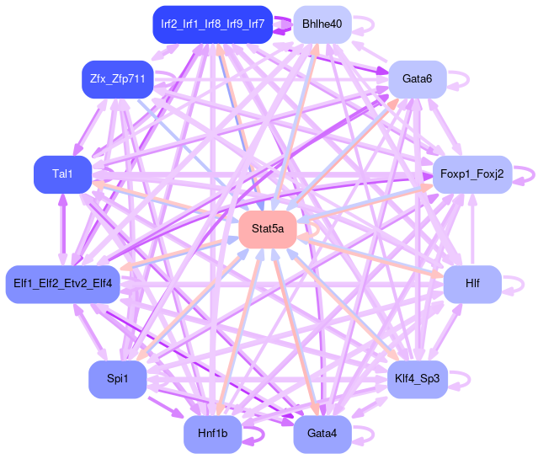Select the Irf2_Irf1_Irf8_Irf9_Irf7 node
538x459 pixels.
[212, 24]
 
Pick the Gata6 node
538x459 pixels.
[417, 79]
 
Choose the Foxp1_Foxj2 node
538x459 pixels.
[471, 174]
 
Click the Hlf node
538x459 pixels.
[472, 284]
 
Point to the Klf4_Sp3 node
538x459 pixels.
[417, 379]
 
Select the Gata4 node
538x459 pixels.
[322, 434]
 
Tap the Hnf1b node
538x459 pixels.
[212, 434]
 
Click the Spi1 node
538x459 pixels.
[117, 379]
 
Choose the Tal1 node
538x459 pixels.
[62, 174]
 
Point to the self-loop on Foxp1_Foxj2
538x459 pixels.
[526, 174]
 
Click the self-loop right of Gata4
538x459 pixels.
[365, 434]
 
